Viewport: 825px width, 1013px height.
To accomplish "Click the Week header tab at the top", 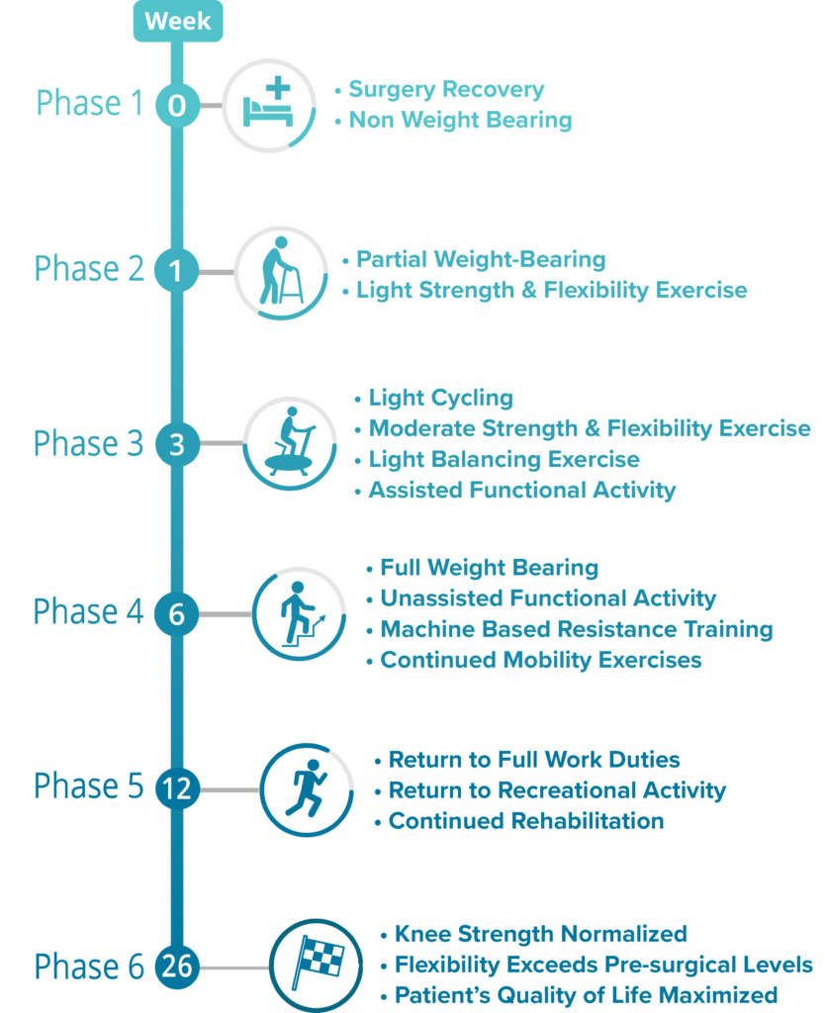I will click(x=178, y=21).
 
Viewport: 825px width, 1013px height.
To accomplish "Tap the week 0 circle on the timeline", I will click(x=177, y=105).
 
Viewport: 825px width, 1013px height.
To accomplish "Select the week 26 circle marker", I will click(x=177, y=966).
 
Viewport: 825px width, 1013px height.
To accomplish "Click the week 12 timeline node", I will click(x=177, y=788).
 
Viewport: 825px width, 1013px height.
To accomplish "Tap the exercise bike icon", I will click(x=288, y=443).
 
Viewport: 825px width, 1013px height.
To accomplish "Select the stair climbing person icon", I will click(x=298, y=613).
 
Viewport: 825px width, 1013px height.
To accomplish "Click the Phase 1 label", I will click(x=90, y=103).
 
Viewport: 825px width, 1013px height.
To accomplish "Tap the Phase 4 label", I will click(x=88, y=612).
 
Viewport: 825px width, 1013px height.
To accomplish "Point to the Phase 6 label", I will click(x=88, y=967).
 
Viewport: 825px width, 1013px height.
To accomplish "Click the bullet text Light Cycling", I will click(x=440, y=399).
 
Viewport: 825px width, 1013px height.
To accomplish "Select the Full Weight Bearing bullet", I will click(x=489, y=568).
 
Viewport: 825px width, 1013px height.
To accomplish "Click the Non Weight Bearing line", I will click(x=460, y=121).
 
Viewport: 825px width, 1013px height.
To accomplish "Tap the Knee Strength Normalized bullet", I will click(x=540, y=934).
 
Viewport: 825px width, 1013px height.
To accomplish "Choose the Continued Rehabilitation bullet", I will click(x=525, y=821).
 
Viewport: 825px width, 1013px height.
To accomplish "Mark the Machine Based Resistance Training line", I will click(x=576, y=629).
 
